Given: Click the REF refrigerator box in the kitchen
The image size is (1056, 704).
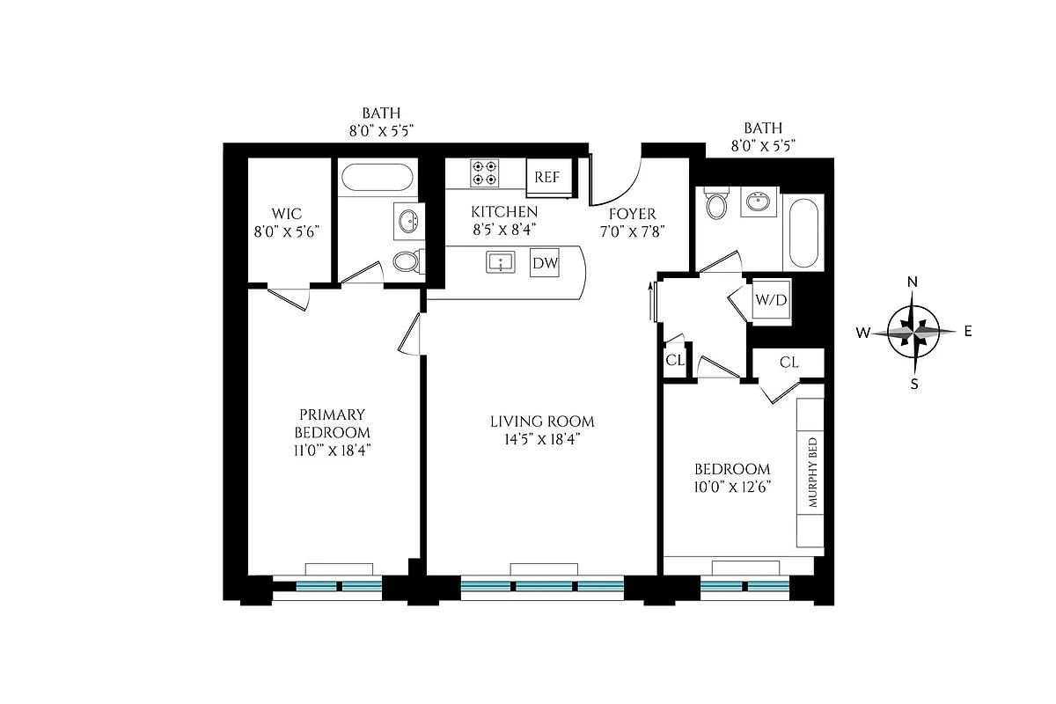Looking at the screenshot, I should (x=547, y=177).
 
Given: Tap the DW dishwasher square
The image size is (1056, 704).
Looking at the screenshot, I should (x=543, y=262).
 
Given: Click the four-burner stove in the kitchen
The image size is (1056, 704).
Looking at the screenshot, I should (x=483, y=172).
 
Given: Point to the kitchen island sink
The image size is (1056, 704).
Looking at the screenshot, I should (x=501, y=262).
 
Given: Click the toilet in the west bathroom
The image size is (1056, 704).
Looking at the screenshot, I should (x=407, y=261).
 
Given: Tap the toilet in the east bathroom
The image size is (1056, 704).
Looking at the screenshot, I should (x=717, y=206).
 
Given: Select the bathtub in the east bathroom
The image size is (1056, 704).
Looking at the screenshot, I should (x=804, y=234).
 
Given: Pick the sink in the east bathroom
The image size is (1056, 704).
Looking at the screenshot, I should (x=758, y=203).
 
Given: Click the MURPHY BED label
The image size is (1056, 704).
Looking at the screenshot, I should (x=812, y=473).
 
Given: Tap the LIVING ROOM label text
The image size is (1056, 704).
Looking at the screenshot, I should (x=543, y=422).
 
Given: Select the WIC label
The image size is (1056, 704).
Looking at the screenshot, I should (x=287, y=214).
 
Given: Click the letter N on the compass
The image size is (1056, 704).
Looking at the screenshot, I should (x=913, y=282).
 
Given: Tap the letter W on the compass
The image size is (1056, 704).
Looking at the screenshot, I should (x=864, y=333).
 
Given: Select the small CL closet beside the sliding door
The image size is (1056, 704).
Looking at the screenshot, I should (x=675, y=360).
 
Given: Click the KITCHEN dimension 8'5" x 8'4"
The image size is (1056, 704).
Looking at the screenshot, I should (x=503, y=230).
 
